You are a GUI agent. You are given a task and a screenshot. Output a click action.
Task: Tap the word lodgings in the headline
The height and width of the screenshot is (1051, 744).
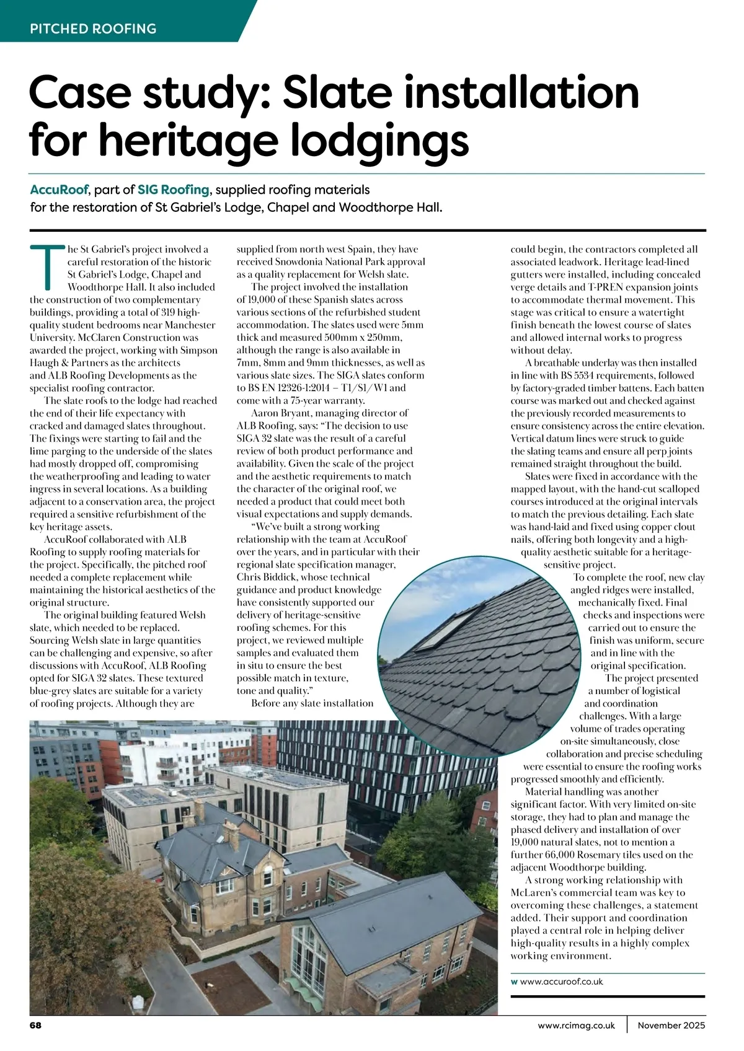tap(360, 142)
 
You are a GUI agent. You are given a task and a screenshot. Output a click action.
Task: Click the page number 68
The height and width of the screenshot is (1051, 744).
tap(35, 1025)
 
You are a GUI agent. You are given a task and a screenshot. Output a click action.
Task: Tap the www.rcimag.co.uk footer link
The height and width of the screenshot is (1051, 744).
tap(577, 1025)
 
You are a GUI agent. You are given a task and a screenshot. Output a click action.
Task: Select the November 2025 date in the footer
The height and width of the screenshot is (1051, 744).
tap(672, 1025)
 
